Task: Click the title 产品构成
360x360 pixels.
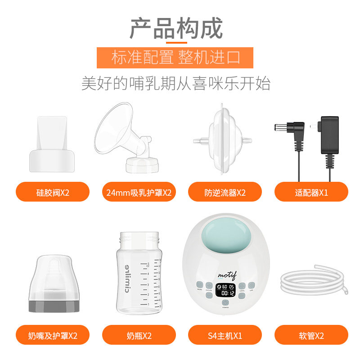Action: click(x=176, y=28)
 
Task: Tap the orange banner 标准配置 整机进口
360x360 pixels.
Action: click(x=175, y=58)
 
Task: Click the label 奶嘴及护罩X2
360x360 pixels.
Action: click(x=53, y=335)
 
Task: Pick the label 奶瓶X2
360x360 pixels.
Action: click(x=139, y=335)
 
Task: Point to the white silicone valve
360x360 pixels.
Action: click(x=52, y=146)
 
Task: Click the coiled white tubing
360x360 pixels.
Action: click(x=311, y=283)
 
